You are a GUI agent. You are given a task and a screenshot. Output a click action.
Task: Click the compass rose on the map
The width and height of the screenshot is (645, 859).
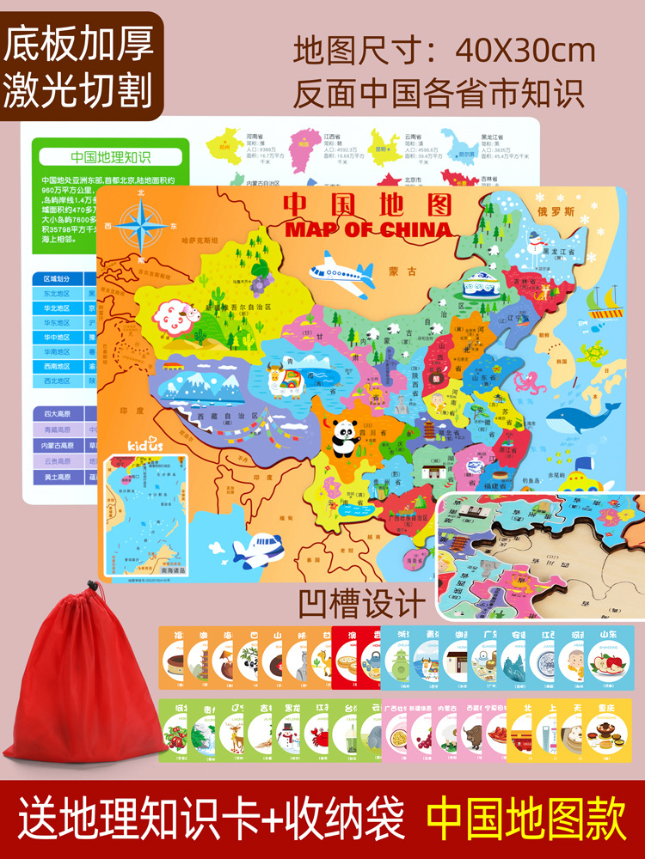click(x=143, y=224)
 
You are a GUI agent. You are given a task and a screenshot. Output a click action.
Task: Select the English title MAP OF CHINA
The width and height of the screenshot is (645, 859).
click(x=367, y=229)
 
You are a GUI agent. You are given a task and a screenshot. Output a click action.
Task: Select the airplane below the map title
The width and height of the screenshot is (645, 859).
click(x=341, y=269)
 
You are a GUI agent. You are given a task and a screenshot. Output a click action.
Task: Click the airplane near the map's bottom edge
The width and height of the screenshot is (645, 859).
click(x=258, y=551)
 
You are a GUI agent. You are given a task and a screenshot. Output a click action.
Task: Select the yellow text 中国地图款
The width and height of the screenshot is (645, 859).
click(x=529, y=821)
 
